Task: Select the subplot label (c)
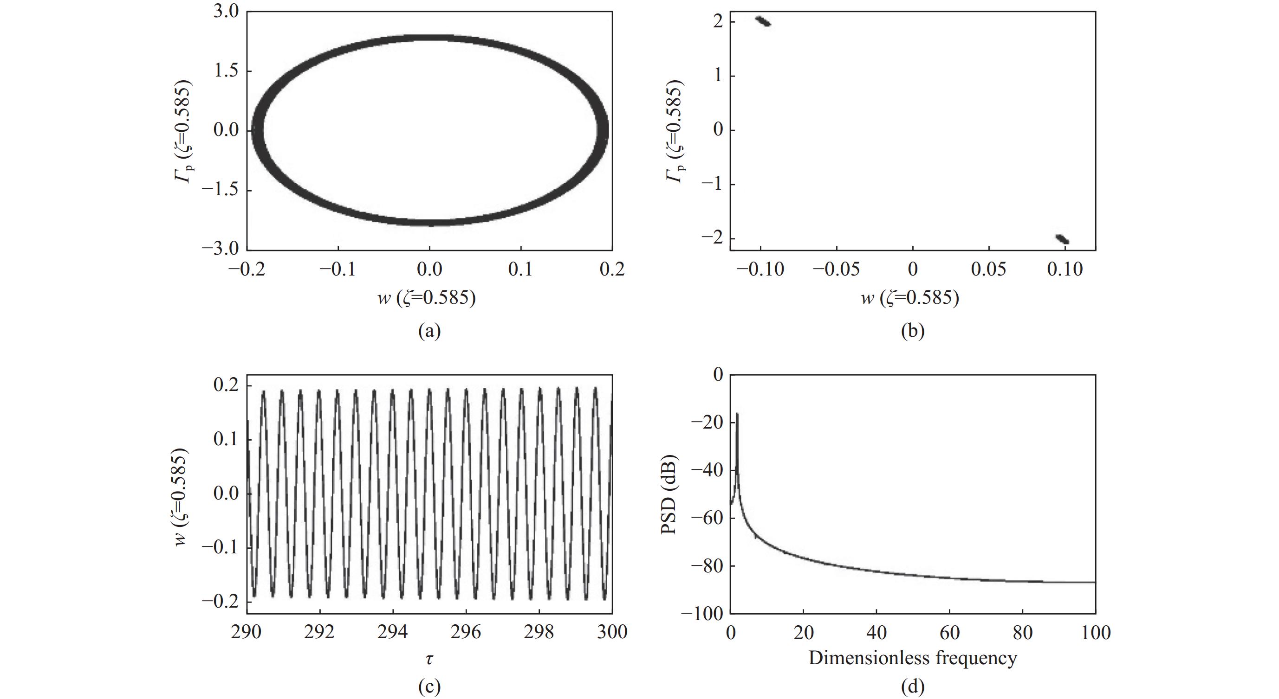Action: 429,686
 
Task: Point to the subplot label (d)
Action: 913,686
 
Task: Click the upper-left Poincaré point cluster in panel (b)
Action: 763,21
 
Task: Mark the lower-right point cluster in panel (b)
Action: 1062,239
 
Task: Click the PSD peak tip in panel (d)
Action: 737,413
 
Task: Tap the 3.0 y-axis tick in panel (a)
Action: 226,12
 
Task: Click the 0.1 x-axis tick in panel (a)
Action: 520,269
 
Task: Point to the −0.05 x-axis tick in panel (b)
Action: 836,269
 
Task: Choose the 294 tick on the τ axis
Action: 393,632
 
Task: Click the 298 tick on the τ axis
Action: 539,632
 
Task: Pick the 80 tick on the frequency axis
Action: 1022,632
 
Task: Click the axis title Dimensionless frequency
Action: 913,658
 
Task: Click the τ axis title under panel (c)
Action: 429,659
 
